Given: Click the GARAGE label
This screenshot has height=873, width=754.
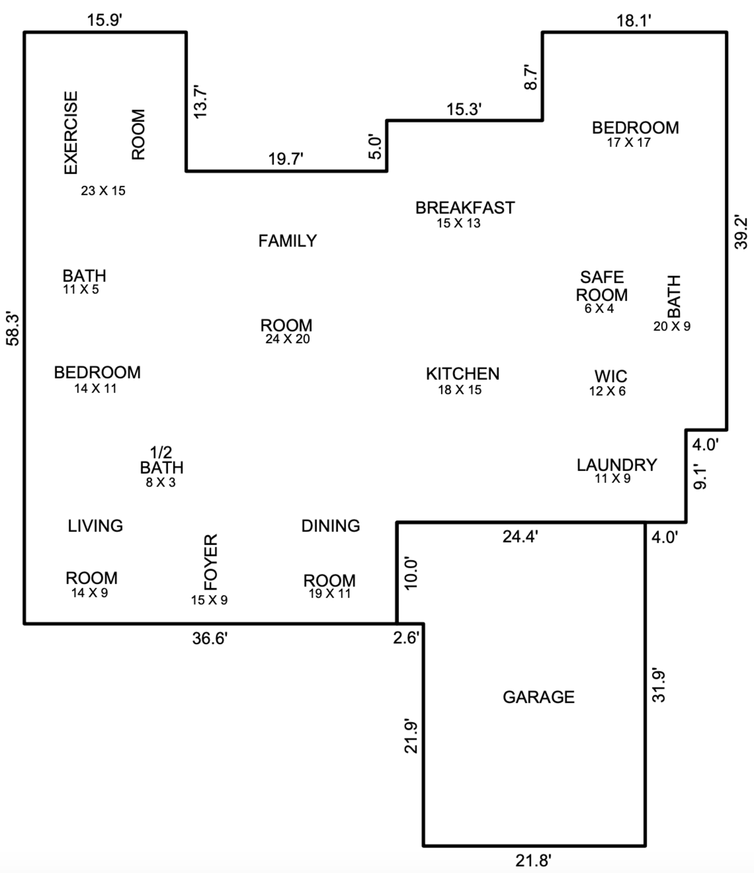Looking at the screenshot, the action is [539, 697].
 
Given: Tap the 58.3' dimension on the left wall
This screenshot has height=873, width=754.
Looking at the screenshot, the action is [13, 328].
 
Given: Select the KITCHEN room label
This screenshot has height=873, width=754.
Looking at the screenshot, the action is [462, 374].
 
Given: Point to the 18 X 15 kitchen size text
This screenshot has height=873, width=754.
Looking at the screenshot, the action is [459, 390].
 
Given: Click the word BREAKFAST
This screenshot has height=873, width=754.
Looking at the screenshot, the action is [465, 208].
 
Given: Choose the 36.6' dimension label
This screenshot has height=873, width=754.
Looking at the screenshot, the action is [210, 638].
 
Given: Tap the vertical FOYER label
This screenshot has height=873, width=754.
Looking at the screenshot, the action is [211, 562].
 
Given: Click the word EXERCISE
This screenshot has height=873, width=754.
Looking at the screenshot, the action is [71, 133].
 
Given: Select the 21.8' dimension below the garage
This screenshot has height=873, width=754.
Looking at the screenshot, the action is [533, 861].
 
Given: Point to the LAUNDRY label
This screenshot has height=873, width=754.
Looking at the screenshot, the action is [616, 465].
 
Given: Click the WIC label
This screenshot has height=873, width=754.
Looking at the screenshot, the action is [610, 376].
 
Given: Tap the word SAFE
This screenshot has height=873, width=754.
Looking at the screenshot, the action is [602, 277].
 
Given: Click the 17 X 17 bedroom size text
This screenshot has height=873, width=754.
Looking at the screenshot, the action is [629, 142].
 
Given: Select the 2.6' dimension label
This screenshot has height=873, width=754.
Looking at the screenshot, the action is [406, 637].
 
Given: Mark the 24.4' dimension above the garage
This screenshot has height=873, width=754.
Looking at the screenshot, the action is [520, 537].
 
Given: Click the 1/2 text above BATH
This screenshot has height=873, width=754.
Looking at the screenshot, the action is [161, 452].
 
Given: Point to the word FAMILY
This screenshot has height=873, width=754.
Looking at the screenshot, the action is [287, 241].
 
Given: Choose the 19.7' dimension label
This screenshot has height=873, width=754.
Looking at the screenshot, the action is [286, 159].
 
